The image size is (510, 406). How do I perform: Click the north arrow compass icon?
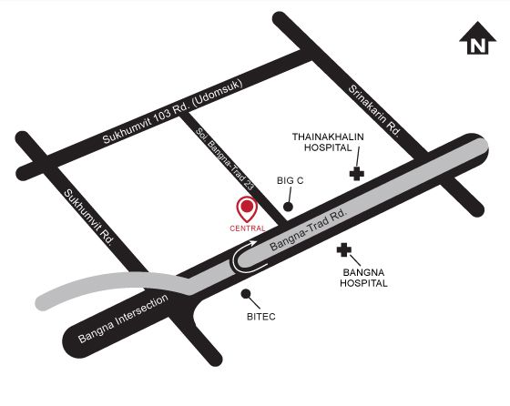[476, 40]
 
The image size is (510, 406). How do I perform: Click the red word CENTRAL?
[247, 228]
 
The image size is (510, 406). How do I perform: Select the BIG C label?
[290, 181]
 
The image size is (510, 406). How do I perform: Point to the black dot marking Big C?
[288, 207]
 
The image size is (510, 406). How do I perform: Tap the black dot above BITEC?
[245, 293]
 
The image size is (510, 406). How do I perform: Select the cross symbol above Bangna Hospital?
[344, 250]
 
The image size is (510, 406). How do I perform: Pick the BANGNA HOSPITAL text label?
[364, 278]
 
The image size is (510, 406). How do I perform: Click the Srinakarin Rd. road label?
[375, 110]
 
